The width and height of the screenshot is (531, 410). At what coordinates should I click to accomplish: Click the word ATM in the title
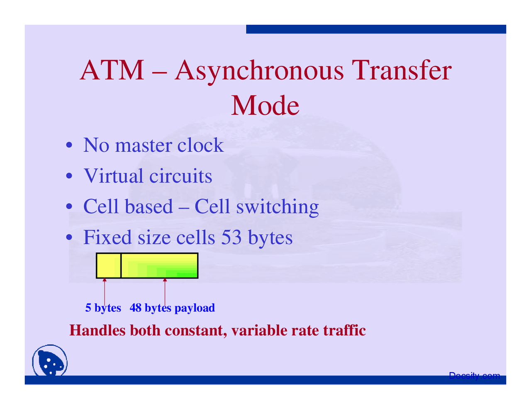coord(112,70)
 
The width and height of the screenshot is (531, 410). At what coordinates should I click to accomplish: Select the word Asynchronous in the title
coord(259,71)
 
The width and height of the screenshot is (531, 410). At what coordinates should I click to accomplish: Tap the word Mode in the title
coord(265,106)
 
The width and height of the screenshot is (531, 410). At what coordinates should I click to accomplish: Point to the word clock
coord(200,145)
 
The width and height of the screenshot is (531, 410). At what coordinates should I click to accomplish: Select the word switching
coord(277,207)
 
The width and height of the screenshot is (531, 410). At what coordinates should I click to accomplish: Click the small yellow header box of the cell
coord(108,265)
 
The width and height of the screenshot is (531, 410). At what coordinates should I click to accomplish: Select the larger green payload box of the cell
coord(159,265)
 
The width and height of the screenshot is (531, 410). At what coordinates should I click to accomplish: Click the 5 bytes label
coord(103,308)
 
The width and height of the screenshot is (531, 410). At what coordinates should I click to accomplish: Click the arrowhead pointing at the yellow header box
coord(105,281)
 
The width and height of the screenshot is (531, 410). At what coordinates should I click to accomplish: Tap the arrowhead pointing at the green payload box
coord(165,281)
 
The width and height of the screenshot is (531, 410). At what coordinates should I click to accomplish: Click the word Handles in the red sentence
coord(97,330)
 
